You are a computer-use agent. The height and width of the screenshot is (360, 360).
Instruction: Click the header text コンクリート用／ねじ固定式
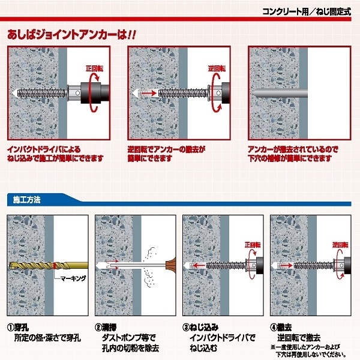(x=307, y=11)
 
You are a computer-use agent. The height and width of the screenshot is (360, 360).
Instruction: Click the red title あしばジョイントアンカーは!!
(x=71, y=35)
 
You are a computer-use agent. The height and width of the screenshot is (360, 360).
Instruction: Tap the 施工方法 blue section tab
(x=27, y=200)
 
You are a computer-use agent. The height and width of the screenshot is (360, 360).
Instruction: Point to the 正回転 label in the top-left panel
(x=95, y=68)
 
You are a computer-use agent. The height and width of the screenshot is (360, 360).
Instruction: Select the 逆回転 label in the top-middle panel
(x=217, y=68)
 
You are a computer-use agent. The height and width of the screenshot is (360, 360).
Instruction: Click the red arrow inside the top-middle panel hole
(x=149, y=93)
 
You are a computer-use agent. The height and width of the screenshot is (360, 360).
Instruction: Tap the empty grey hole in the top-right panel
(x=281, y=93)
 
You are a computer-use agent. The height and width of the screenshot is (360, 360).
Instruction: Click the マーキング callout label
(x=73, y=278)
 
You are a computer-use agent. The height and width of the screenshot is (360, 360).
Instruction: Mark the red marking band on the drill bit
(x=55, y=266)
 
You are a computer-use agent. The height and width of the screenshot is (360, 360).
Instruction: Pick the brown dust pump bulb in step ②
(x=171, y=266)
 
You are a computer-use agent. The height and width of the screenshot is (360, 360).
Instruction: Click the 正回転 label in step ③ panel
(x=253, y=245)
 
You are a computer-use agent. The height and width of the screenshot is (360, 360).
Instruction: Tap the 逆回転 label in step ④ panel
(x=340, y=245)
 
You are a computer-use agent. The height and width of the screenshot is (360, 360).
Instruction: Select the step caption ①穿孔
(x=19, y=327)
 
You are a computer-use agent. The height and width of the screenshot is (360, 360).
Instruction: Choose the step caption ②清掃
(x=106, y=327)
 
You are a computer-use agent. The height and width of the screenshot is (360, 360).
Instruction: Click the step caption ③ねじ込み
(x=200, y=327)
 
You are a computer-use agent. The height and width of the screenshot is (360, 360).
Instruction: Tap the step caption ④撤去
(x=281, y=327)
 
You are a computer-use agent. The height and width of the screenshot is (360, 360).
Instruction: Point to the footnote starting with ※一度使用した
(x=308, y=350)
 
